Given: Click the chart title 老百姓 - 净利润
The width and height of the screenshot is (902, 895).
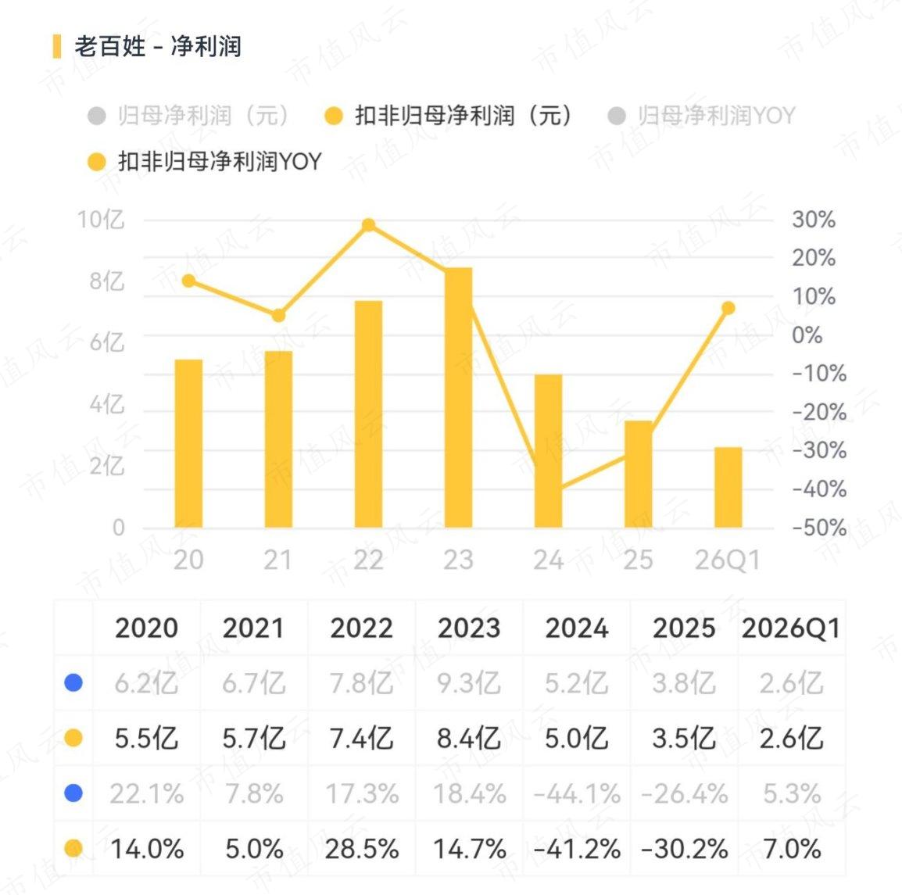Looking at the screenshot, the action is [158, 47].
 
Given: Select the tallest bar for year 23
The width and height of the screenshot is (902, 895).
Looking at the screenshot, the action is [459, 397].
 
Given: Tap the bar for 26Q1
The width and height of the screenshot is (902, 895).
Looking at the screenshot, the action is [728, 487].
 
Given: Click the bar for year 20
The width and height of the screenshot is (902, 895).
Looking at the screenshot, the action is [188, 443].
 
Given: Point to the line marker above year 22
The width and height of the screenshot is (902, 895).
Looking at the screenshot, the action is [369, 225].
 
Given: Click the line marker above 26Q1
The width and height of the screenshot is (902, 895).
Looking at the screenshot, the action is [728, 308].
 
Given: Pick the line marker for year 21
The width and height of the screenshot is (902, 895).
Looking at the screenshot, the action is [278, 316].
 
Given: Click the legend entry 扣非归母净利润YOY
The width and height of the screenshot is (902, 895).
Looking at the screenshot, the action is [205, 162].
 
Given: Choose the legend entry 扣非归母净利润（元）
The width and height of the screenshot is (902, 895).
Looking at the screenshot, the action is [449, 116].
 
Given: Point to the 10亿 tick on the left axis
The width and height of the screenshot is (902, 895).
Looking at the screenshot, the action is [102, 220].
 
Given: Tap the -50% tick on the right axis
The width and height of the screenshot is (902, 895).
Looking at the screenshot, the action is [819, 528].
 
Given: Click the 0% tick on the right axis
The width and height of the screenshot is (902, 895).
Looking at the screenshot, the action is [807, 335].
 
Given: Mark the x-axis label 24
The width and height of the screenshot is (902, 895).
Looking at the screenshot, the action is [548, 560].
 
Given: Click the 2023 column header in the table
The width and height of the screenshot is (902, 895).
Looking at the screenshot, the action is [469, 628].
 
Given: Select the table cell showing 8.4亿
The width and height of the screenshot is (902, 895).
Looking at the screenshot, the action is [469, 738].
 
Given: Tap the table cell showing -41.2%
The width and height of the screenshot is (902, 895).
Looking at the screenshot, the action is [577, 849].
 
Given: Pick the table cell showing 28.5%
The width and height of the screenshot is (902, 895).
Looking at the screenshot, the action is [362, 849].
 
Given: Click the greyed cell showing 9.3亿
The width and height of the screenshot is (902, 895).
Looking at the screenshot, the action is [469, 683].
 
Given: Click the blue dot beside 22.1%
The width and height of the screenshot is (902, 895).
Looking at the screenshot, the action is [73, 793].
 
